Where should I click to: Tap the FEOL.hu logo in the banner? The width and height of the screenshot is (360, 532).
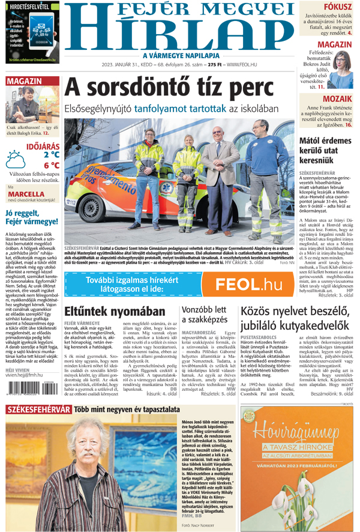248,284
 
